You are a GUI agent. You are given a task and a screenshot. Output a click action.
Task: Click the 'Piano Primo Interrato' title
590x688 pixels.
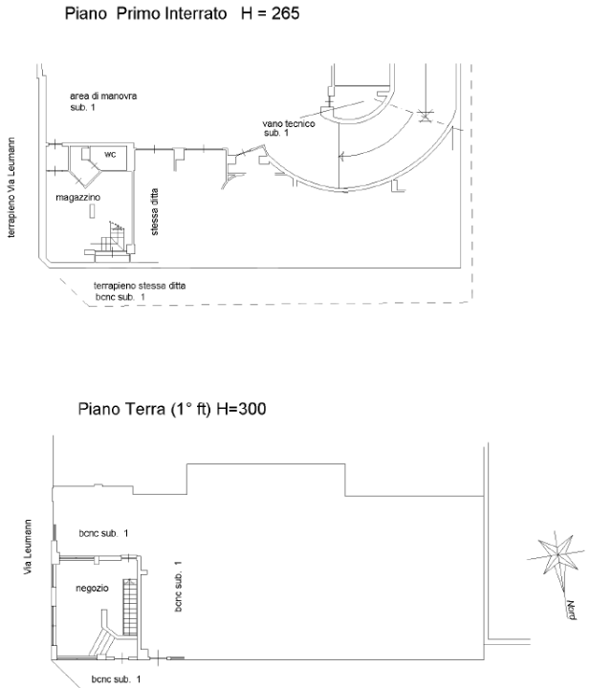click(145, 13)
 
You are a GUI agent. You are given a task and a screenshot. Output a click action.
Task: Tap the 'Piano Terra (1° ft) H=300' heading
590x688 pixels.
click(172, 409)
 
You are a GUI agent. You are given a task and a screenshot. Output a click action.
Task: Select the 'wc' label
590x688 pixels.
click(110, 154)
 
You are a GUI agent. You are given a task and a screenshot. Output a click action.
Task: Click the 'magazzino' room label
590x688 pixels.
click(78, 198)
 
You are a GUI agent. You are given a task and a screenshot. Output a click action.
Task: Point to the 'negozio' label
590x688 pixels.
click(92, 588)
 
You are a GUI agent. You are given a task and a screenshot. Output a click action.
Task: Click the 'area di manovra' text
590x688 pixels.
click(103, 96)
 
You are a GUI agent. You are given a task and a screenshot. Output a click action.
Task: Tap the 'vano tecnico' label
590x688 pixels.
click(289, 123)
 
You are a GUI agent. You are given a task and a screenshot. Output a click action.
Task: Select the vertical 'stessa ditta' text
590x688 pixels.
click(154, 212)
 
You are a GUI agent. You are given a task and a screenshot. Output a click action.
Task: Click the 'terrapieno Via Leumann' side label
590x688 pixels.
click(11, 187)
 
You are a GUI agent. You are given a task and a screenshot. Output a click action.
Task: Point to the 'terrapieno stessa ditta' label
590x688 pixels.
click(140, 286)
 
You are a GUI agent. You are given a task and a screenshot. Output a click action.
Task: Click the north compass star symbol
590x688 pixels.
click(557, 555)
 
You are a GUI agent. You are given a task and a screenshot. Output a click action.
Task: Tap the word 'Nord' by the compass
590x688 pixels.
click(571, 610)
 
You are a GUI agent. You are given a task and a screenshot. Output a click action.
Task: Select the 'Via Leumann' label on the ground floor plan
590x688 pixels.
click(28, 547)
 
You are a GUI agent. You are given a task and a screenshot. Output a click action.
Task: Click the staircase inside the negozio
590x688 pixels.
click(130, 608)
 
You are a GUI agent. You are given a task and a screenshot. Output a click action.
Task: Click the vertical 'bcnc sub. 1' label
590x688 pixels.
click(178, 586)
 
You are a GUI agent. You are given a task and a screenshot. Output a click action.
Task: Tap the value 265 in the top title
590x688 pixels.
click(285, 13)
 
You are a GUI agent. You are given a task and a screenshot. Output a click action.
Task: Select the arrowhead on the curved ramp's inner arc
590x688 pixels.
click(342, 156)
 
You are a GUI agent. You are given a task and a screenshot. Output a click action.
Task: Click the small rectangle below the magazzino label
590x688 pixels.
click(92, 211)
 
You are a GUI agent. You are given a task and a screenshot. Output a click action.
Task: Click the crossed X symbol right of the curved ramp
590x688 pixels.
click(425, 117)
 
